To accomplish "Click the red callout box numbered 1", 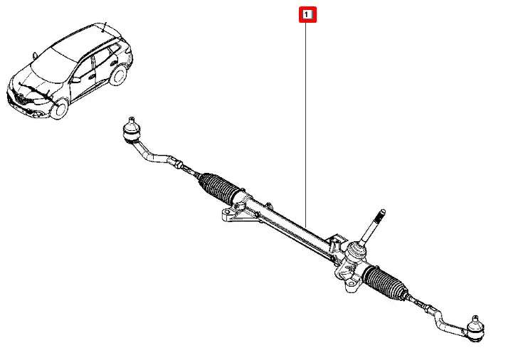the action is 307,14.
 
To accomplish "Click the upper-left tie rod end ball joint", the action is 132,130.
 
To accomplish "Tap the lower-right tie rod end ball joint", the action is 475,329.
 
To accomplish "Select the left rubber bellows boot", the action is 218,189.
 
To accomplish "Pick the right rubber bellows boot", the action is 384,282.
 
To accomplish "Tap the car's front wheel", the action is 59,109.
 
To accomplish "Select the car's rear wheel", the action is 118,75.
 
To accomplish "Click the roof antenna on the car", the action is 104,27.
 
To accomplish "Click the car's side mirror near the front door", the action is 76,80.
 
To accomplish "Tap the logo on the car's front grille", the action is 18,97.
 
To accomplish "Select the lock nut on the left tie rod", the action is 178,164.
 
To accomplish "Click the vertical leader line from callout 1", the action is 305,125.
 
